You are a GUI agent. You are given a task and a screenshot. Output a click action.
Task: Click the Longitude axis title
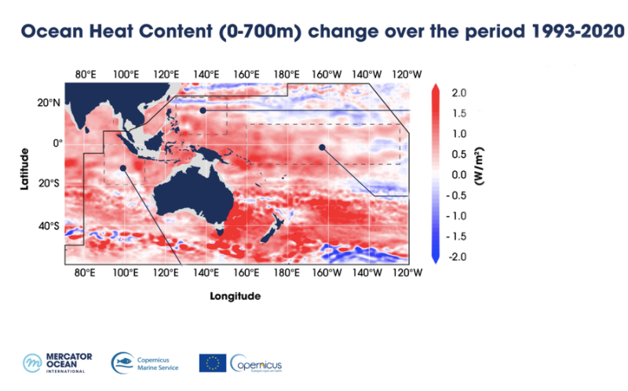pos(235,297)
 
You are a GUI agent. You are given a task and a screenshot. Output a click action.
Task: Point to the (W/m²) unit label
pos(477,174)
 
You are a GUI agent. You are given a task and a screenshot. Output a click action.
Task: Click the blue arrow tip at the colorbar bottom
pos(435,259)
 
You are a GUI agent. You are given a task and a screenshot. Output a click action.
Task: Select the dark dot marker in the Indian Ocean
pos(123,167)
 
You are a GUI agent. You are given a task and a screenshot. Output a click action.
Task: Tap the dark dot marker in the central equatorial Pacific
pos(322,147)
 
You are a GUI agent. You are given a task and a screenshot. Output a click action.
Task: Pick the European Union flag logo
pos(212,363)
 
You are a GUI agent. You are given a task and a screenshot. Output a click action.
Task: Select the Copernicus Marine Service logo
pos(145,363)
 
